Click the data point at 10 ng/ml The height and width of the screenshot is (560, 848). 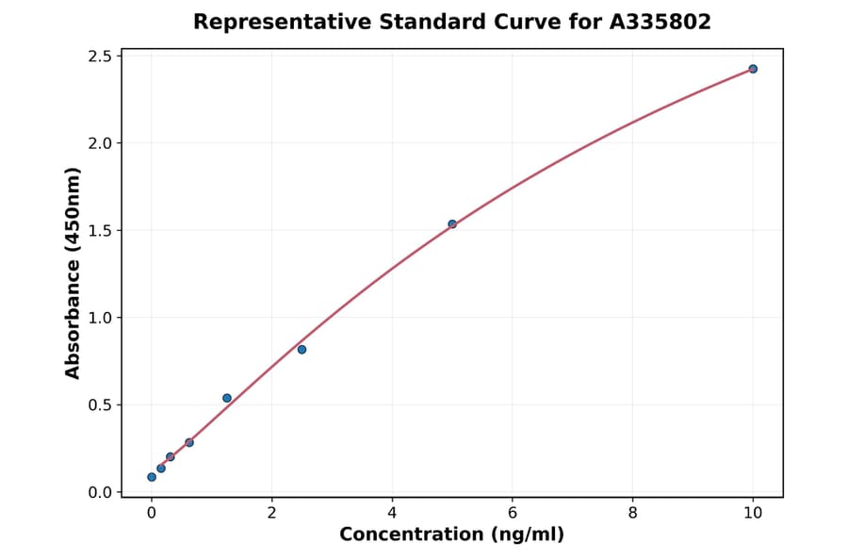coord(753,69)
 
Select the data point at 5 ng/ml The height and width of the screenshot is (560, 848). coord(452,224)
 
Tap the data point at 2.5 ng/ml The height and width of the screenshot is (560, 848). coord(302,350)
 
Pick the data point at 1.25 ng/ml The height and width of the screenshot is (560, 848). coord(227,398)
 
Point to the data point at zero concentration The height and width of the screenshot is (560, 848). coord(152,477)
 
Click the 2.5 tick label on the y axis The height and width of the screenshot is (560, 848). coord(99,57)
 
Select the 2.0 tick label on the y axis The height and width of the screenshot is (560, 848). coord(99,143)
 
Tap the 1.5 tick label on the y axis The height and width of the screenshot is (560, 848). coord(99,231)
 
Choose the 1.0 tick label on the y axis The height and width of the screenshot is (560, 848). coord(99,318)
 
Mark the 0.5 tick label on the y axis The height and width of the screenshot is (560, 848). coord(99,405)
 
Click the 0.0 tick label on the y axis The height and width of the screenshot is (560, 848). coord(99,492)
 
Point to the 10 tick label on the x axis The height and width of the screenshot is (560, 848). coord(753,513)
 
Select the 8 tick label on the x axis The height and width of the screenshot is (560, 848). coord(632,513)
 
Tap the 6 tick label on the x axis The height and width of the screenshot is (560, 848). coord(513,513)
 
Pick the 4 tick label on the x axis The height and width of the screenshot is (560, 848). coord(392,513)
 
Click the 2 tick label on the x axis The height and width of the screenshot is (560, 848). coord(272,513)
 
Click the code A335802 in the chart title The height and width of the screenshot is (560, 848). coord(659,22)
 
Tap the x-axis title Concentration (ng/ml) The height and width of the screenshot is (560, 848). coord(451,535)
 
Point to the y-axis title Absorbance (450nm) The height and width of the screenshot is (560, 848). coord(73,273)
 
